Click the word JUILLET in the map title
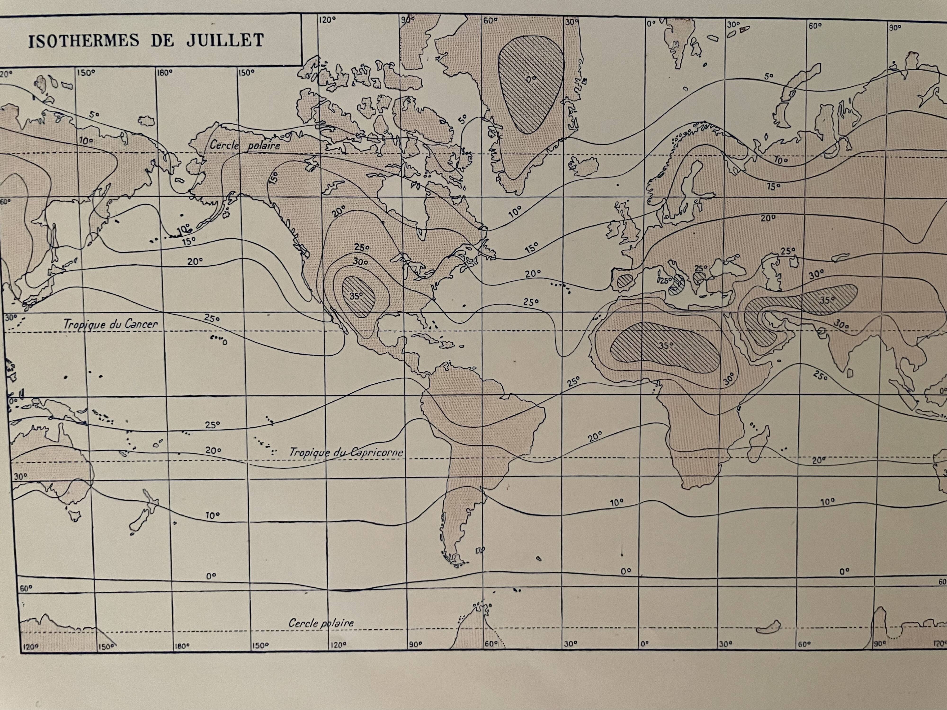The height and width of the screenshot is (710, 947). [x=224, y=41]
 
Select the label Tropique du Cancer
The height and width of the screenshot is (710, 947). [x=111, y=324]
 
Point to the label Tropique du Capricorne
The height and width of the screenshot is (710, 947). [x=346, y=452]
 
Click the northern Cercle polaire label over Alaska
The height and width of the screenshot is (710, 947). [x=245, y=145]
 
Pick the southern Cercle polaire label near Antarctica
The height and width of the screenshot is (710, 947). [x=321, y=623]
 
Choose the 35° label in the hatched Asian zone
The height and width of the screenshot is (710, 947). [x=827, y=300]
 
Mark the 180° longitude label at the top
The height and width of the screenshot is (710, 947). [x=164, y=72]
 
